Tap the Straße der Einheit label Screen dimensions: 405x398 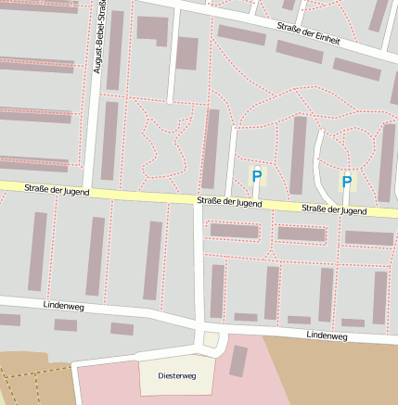[308, 33]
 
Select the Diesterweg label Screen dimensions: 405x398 [177, 376]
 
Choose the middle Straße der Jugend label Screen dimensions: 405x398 [229, 202]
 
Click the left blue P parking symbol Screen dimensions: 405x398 [257, 175]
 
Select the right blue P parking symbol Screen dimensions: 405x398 [347, 183]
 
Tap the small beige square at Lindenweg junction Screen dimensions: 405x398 [211, 340]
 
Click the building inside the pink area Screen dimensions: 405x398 [238, 361]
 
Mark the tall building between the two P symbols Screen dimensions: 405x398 [298, 155]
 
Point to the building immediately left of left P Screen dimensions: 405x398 [211, 148]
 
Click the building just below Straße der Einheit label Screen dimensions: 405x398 [300, 52]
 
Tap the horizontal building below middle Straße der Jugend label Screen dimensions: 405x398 [235, 231]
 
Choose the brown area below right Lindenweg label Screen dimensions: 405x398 [343, 371]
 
